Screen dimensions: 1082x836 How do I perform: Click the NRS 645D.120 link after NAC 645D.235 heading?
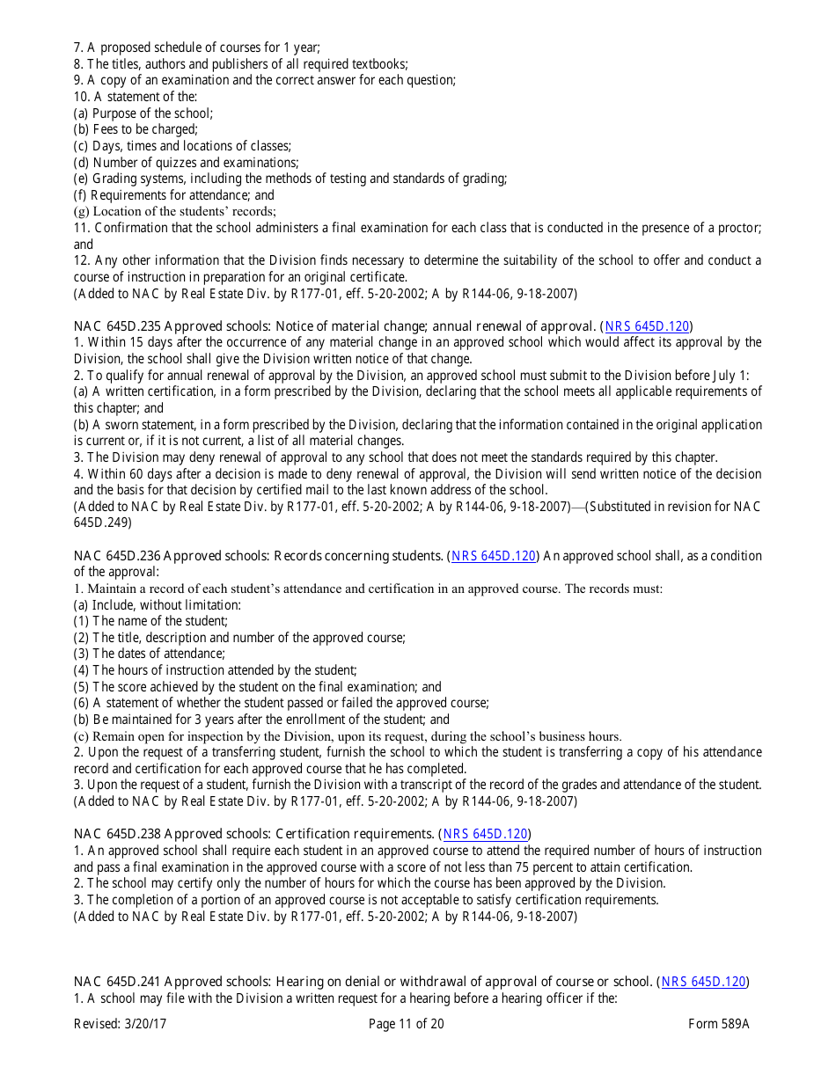point(647,326)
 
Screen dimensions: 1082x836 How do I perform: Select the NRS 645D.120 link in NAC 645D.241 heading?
point(703,982)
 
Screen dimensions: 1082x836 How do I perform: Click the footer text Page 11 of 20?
point(407,1024)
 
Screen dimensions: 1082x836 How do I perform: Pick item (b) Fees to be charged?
point(136,129)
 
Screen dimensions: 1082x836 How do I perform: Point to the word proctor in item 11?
point(737,228)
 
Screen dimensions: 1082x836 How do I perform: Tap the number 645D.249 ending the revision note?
point(102,523)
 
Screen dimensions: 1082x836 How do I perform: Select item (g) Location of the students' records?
point(174,211)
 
